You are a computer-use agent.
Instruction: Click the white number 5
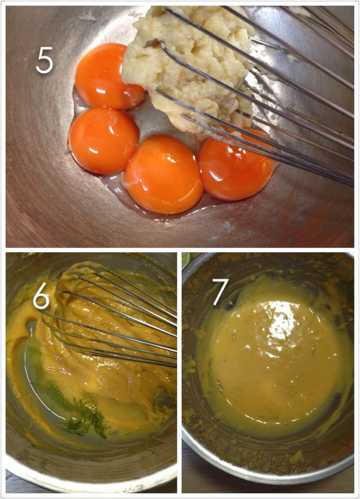pos(44,61)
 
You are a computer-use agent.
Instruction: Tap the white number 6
pos(41,298)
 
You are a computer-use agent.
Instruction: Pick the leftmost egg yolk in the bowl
pos(104,141)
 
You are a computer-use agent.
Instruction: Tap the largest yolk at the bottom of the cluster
pos(164,175)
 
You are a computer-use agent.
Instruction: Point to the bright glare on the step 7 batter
pos(280,321)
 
